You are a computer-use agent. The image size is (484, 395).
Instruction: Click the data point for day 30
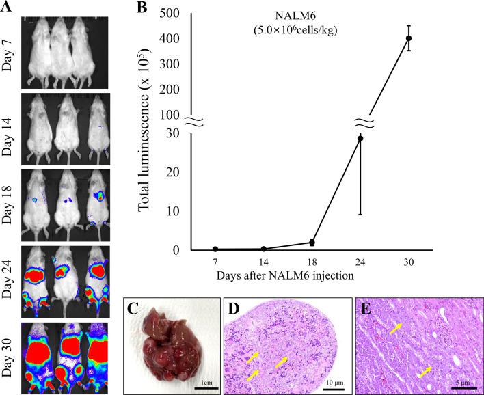pyautogui.click(x=409, y=38)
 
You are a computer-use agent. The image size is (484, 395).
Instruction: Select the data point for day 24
pyautogui.click(x=360, y=139)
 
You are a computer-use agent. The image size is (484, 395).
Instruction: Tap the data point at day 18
pyautogui.click(x=312, y=242)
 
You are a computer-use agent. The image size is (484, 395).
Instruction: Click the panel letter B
pyautogui.click(x=143, y=8)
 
